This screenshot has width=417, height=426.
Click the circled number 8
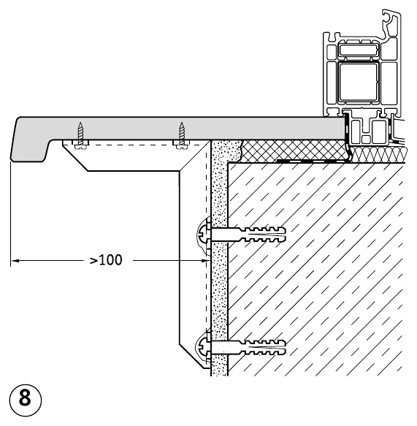click(26, 400)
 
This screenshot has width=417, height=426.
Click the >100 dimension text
click(106, 260)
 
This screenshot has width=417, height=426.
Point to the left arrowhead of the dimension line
click(15, 261)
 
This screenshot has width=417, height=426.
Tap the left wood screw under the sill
click(80, 135)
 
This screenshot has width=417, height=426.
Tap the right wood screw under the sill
click(182, 135)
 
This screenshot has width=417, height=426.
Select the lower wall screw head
click(202, 348)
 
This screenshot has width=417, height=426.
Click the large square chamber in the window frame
click(358, 82)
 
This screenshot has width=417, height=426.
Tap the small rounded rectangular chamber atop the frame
click(358, 50)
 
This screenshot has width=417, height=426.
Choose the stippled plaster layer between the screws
click(219, 288)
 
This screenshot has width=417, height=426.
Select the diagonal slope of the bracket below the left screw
click(75, 158)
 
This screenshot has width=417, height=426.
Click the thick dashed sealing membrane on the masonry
click(313, 161)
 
